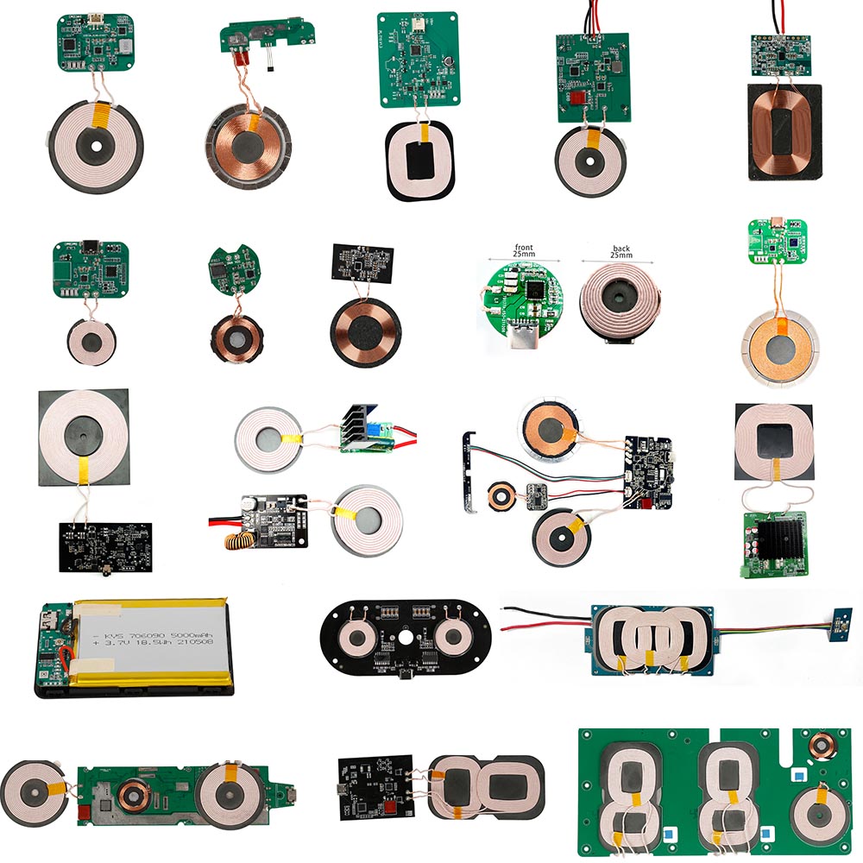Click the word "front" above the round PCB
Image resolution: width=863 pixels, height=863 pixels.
tap(523, 248)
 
